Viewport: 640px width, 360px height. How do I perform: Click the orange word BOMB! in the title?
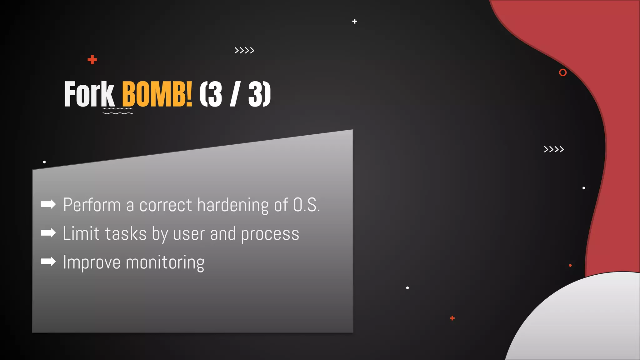tap(157, 94)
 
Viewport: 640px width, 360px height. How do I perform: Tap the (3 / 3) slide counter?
tap(235, 94)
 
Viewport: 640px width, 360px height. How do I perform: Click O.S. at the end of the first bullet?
tap(306, 205)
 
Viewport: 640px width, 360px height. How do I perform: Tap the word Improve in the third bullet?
tap(92, 262)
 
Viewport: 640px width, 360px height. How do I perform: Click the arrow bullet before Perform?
tap(48, 204)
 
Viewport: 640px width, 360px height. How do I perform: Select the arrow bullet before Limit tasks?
tap(48, 233)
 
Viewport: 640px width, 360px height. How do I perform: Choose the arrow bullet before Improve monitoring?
tap(48, 261)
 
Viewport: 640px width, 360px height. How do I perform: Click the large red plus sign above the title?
tap(92, 59)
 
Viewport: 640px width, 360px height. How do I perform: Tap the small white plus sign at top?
tap(354, 21)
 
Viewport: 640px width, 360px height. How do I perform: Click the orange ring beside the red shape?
tap(562, 72)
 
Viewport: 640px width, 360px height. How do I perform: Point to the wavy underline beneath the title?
tap(118, 111)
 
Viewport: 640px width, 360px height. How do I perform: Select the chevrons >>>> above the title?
tap(244, 50)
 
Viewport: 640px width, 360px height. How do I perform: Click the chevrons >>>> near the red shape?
tap(554, 149)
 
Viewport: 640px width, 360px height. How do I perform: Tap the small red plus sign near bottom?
tap(452, 318)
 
